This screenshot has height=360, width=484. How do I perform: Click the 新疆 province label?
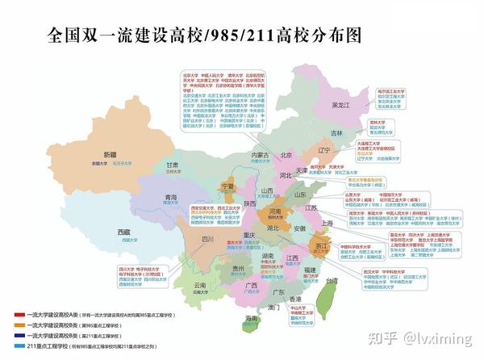(x=109, y=154)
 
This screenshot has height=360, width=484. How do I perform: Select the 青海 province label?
(x=171, y=197)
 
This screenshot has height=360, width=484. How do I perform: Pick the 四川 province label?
(x=207, y=239)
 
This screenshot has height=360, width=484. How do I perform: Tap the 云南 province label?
(x=201, y=285)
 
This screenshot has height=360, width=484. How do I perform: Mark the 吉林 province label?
(x=336, y=132)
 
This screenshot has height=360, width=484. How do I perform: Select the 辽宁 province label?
(x=324, y=150)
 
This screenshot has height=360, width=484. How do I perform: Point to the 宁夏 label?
(x=227, y=186)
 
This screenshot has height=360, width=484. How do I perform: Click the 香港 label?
(x=297, y=299)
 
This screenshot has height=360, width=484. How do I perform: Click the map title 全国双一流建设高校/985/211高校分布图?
(x=192, y=36)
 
